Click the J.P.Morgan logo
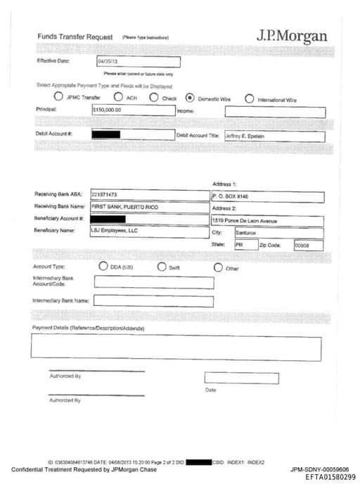coord(292,37)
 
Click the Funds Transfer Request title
coord(75,37)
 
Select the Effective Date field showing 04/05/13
coord(138,62)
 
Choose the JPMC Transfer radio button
coord(58,98)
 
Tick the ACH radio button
coord(119,98)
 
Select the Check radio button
coord(154,98)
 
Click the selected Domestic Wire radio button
coord(190,98)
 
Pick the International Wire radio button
coord(249,98)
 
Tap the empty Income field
coord(275,112)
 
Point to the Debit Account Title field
coord(274,136)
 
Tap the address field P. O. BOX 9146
coord(267,197)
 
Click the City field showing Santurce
coord(278,233)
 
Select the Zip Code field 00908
coord(307,246)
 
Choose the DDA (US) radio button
coord(104,267)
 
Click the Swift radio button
coord(162,267)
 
